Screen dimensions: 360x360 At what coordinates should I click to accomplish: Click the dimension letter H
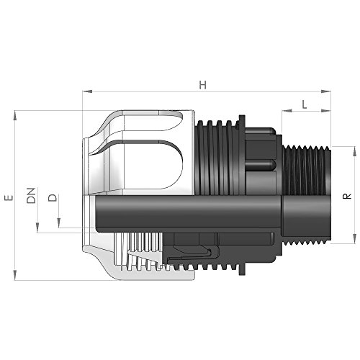pos(204,84)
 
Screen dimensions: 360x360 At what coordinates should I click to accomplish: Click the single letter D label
pos(51,198)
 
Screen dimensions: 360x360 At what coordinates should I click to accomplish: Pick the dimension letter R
pos(347,195)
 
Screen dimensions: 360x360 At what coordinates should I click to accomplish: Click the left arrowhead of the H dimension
pos(87,92)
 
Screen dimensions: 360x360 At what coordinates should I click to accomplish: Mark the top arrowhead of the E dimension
pos(17,113)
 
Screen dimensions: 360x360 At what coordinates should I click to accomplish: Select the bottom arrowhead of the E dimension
pos(17,279)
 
